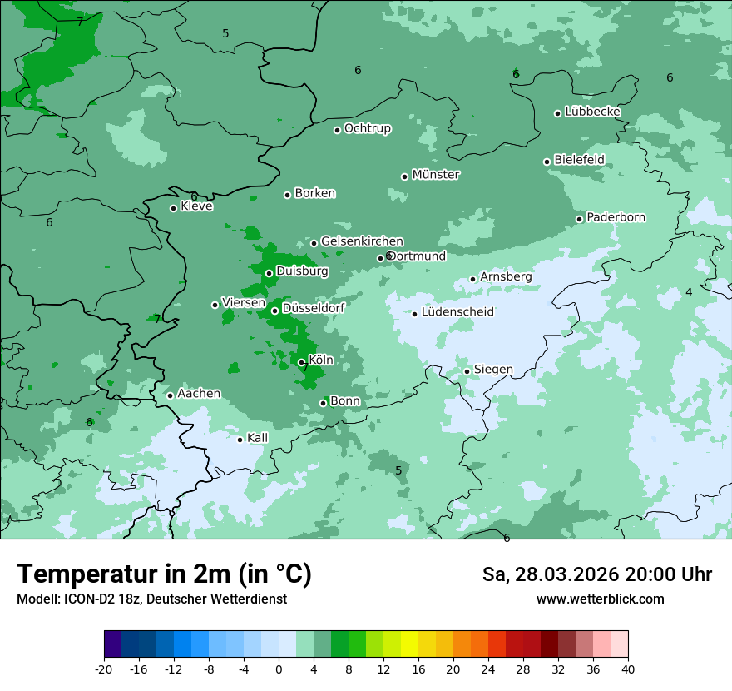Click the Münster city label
pos(435,175)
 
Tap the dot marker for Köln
pos(301,362)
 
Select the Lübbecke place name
pos(592,112)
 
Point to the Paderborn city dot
pos(579,219)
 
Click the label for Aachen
pos(199,394)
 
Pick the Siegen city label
pos(493,370)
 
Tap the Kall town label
pos(257,438)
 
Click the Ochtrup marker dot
pos(337,130)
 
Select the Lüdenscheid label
pos(457,312)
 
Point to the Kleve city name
pos(196,206)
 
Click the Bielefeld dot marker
pos(547,162)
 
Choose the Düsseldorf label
pos(313,308)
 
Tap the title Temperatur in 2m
pos(164,574)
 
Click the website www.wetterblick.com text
pos(600,599)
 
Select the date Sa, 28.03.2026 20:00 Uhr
pos(596,575)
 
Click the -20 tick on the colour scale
pos(104,669)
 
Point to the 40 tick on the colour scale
pos(628,669)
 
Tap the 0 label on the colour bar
pos(279,669)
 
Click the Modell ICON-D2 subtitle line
pos(151,599)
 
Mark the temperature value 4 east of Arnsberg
pos(689,292)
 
